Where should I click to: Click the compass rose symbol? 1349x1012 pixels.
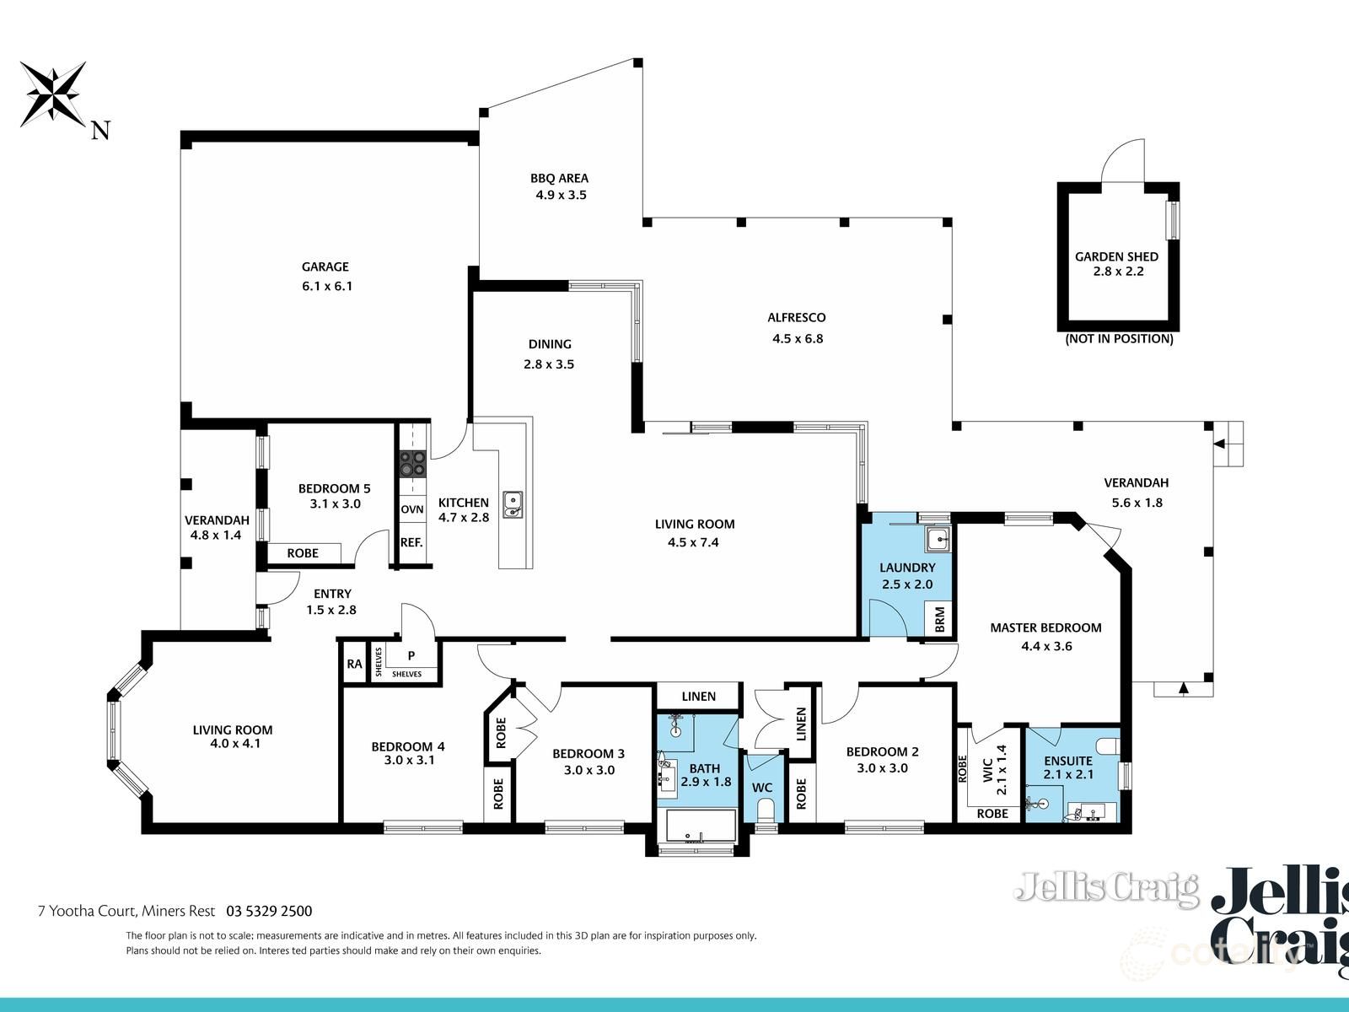click(53, 93)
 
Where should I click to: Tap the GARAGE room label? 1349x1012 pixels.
click(325, 266)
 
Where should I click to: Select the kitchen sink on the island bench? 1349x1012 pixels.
click(513, 503)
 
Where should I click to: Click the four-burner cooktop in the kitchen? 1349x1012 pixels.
click(412, 462)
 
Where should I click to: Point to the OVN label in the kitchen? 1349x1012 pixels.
click(412, 509)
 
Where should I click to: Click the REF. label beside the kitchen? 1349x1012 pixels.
click(411, 542)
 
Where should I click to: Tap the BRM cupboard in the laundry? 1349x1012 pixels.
click(940, 620)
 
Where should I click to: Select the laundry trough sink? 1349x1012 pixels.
click(937, 537)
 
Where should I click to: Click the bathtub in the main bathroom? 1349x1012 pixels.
click(697, 826)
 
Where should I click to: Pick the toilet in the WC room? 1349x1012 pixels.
click(766, 811)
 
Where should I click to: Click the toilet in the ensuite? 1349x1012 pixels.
click(1109, 746)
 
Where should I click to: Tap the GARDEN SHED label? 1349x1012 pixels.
click(1116, 256)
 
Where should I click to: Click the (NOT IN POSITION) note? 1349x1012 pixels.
click(1119, 339)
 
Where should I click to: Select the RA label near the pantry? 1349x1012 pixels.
click(354, 664)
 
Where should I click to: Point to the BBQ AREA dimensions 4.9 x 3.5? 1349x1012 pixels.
click(561, 195)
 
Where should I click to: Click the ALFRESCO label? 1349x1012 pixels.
click(796, 318)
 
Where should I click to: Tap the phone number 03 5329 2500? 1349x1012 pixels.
click(269, 911)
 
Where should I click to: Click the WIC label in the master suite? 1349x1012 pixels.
click(988, 769)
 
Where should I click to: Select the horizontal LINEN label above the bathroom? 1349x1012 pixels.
click(698, 696)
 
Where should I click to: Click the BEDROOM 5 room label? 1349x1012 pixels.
click(334, 488)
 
